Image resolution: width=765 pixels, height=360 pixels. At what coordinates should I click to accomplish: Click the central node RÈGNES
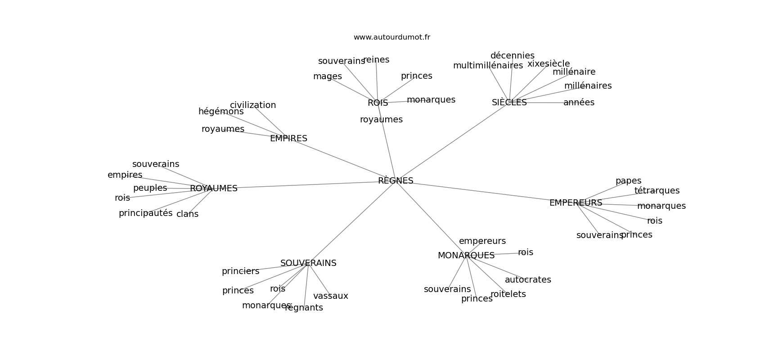[396, 181]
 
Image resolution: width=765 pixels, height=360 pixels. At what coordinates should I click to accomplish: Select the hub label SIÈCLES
[509, 103]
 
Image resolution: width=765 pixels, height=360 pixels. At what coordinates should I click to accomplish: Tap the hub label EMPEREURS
[576, 203]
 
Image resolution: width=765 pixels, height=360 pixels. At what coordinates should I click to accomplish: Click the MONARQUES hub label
[466, 256]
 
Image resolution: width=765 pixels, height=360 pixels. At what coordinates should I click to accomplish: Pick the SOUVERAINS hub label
[308, 263]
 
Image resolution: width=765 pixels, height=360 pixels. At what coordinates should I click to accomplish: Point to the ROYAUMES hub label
[214, 189]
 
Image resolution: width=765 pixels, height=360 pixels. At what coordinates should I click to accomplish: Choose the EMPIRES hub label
[288, 139]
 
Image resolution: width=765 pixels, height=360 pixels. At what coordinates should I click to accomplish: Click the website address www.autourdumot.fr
[391, 37]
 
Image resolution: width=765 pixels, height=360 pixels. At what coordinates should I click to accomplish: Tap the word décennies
[512, 56]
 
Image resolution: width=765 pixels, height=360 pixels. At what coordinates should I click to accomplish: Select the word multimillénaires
[488, 66]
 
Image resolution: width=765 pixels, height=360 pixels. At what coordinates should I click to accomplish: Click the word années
[579, 103]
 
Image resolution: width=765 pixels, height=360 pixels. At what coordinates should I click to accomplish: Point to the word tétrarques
[657, 191]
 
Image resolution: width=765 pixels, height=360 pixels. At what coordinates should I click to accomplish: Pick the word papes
[628, 181]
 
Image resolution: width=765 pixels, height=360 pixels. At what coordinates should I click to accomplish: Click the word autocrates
[527, 280]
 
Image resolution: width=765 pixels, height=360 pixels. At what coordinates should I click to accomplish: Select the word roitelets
[508, 294]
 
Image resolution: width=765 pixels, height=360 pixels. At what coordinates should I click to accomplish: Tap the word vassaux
[330, 296]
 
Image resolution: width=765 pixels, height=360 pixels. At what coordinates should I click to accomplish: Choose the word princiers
[240, 271]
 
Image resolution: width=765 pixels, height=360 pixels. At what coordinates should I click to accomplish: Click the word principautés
[145, 213]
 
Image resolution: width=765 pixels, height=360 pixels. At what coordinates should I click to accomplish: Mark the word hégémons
[221, 112]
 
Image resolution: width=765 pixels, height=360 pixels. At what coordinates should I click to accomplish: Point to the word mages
[327, 76]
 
